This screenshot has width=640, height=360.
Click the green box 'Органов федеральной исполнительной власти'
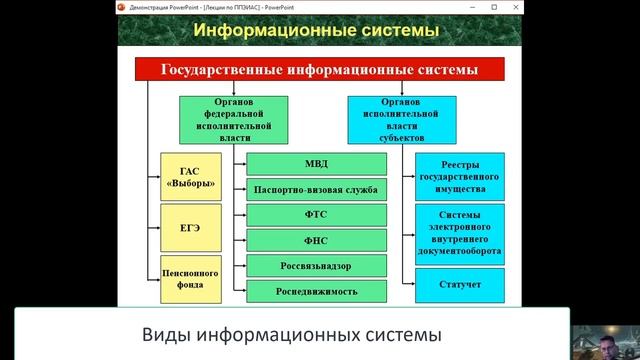[234, 119]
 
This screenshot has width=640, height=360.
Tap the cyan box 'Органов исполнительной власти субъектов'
[396, 119]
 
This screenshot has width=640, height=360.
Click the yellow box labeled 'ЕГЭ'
[190, 228]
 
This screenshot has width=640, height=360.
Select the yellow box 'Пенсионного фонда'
[190, 276]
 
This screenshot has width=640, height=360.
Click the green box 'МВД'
[316, 164]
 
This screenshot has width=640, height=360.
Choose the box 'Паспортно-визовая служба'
[316, 189]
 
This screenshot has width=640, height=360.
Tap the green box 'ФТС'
[316, 215]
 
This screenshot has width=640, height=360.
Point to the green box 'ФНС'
[316, 240]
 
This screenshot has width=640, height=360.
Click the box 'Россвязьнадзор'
[316, 266]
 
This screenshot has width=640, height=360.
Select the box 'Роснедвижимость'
[316, 291]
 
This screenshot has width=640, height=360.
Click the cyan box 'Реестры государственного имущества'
[460, 176]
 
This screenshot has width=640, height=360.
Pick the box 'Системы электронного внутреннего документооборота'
[460, 233]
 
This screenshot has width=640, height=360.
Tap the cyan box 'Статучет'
[460, 285]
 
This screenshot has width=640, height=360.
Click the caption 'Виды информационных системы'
[289, 333]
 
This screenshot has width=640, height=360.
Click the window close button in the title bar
[628, 5]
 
